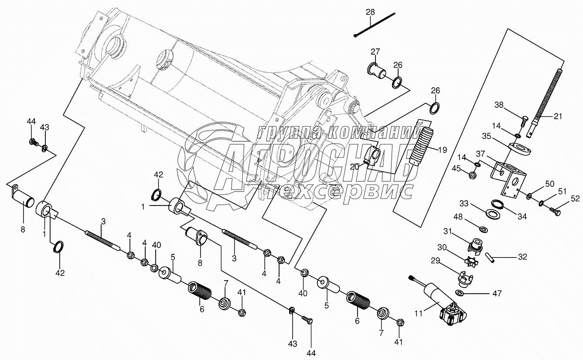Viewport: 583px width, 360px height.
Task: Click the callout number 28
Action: coord(370,12)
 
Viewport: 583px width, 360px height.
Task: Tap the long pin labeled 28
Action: coord(375,26)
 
